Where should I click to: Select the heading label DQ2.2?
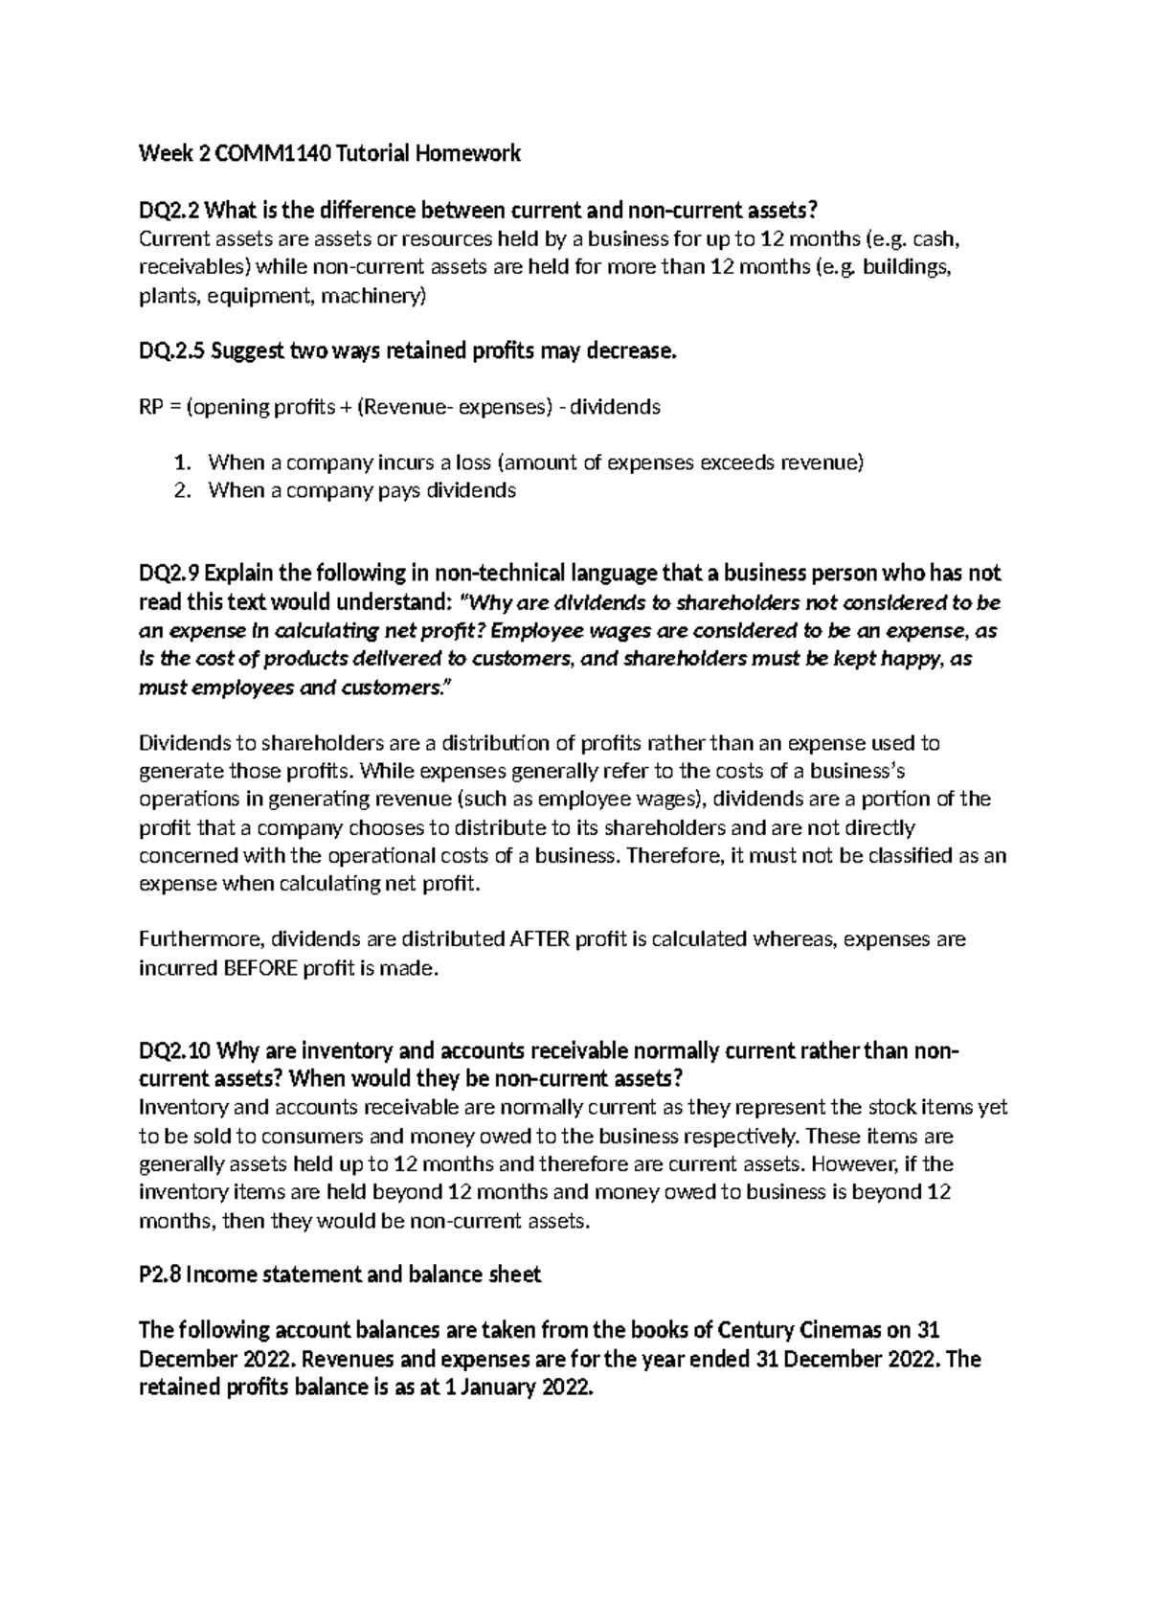169,210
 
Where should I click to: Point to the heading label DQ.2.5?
171,351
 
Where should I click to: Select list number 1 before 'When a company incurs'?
182,463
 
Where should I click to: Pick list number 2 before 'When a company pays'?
182,491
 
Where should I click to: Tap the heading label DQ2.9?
169,574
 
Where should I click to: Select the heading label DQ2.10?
174,1052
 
